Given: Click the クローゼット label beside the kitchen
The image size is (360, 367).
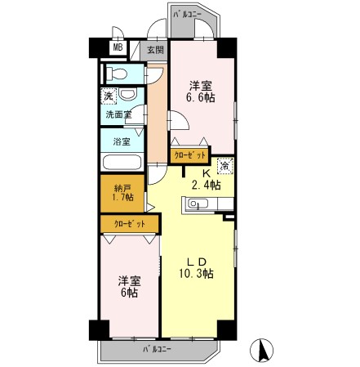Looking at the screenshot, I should pos(189,154).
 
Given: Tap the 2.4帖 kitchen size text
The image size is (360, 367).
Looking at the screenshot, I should pos(206,186).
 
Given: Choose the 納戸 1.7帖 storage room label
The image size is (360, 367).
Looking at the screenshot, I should pos(122,192).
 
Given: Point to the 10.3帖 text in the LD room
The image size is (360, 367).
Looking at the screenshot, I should pos(197,274).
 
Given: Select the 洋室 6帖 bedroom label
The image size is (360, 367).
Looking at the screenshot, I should pos(128,285).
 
